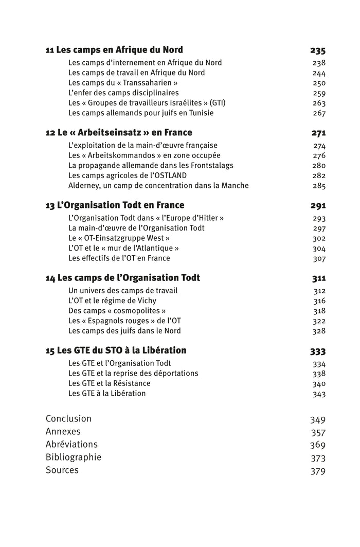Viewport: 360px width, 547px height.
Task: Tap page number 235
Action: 317,51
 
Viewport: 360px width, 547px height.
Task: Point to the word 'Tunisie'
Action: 200,113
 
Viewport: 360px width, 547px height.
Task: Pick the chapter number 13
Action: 50,206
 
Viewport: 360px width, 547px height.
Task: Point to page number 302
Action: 319,238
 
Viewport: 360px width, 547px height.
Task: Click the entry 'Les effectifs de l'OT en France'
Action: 119,258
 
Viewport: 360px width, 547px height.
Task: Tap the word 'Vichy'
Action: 146,301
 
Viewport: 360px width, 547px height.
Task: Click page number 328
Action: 319,331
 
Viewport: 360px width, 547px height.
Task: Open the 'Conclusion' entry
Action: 68,419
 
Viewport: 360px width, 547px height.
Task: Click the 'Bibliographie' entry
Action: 74,457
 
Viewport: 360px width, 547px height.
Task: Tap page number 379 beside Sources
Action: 317,471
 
